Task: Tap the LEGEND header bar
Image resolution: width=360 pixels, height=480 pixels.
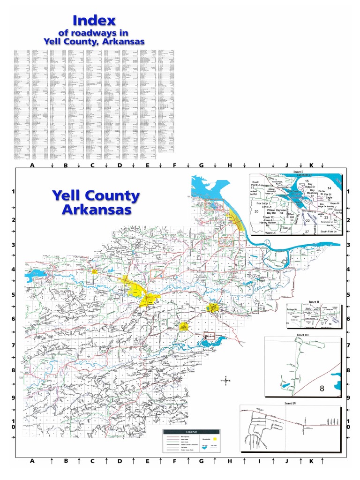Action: point(191,432)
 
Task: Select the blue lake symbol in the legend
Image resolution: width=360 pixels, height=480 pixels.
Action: point(204,449)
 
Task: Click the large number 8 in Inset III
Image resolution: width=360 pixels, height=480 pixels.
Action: point(322,389)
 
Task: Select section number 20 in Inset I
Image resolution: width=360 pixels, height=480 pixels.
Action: point(256,212)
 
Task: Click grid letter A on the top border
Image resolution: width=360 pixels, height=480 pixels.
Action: point(32,166)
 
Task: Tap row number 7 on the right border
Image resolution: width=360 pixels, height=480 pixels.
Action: point(348,345)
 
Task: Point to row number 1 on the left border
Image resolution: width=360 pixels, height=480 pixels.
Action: point(14,191)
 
